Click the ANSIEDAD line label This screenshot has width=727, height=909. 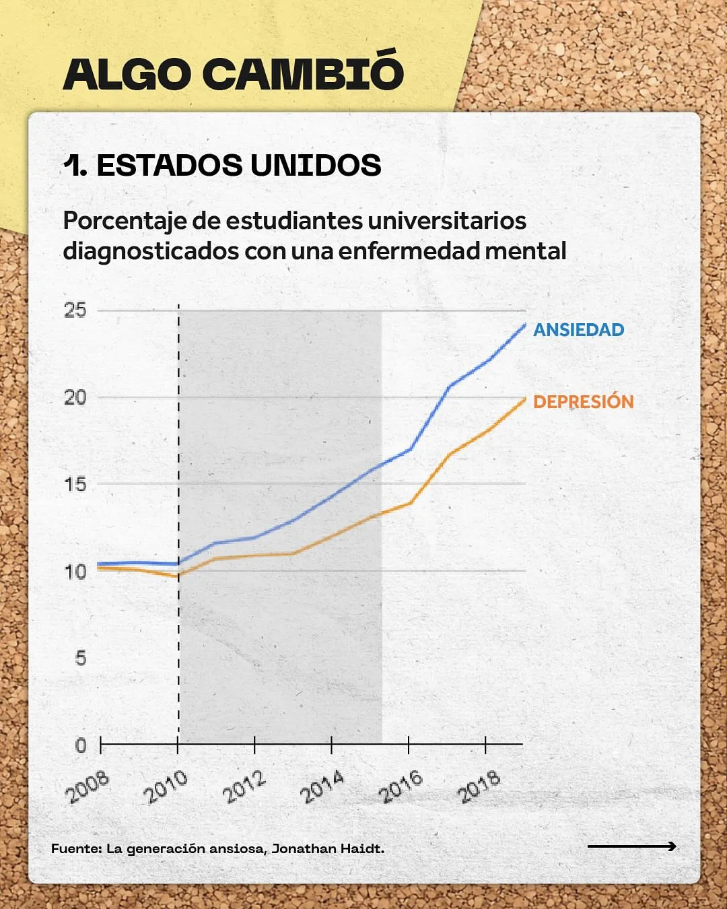[x=578, y=330]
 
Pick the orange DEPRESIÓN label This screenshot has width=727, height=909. [x=583, y=402]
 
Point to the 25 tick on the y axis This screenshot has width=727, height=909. [x=75, y=310]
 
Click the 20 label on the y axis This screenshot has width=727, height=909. [x=75, y=397]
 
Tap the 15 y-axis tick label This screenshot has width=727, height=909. [x=75, y=484]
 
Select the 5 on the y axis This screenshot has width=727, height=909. [x=81, y=658]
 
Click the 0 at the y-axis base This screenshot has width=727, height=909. [x=81, y=745]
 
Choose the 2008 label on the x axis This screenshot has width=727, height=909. [x=88, y=787]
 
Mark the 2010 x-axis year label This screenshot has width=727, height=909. [x=166, y=787]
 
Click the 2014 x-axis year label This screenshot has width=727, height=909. [x=322, y=787]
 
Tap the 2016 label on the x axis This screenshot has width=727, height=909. [x=401, y=787]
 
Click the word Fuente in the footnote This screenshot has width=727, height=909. [x=76, y=848]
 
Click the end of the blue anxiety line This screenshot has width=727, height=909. [x=524, y=325]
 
